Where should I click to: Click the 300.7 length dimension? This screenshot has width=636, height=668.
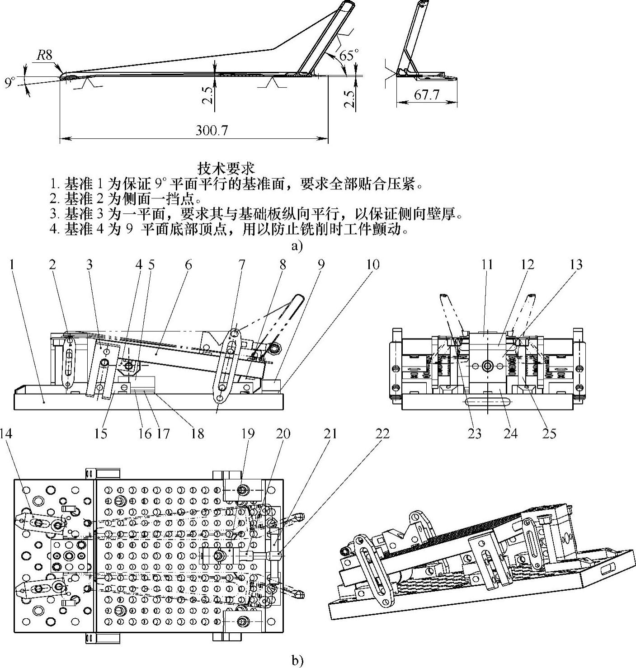tap(212, 130)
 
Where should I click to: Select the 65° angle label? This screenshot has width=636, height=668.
tap(349, 56)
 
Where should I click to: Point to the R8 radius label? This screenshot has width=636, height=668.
tap(44, 56)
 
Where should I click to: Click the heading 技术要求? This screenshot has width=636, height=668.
tap(226, 168)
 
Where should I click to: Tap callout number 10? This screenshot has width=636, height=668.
tap(373, 264)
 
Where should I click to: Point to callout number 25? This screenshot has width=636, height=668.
tap(549, 433)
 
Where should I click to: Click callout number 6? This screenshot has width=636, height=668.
tap(188, 264)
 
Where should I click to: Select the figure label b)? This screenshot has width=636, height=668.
tap(297, 661)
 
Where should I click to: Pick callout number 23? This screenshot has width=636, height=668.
tap(474, 433)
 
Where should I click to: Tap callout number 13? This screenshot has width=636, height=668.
tap(576, 264)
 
